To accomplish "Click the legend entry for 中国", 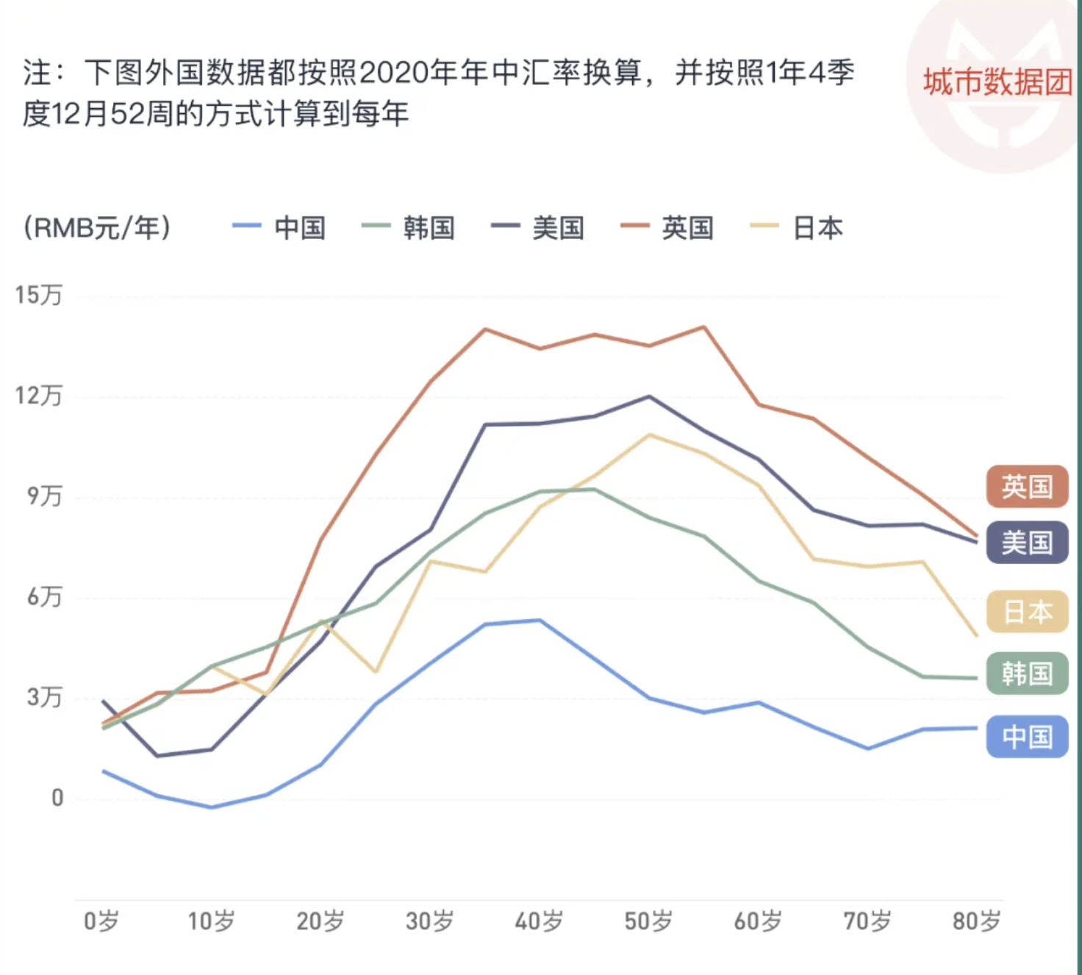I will [280, 227].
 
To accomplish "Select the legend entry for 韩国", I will [409, 227].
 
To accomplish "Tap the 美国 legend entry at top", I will [539, 227].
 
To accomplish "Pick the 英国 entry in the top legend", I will [668, 227].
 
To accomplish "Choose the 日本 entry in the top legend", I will [798, 227].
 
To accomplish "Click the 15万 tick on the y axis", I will [39, 296].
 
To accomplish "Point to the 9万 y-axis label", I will [44, 496].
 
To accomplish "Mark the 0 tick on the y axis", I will [57, 798].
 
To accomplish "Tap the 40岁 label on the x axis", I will [539, 921].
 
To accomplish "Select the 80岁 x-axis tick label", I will [977, 921].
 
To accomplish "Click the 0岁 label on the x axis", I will [101, 921].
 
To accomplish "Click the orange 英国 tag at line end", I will [1027, 487].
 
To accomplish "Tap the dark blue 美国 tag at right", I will [1027, 543].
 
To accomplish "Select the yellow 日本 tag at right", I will [1027, 612].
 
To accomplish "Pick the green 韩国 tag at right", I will [1027, 674].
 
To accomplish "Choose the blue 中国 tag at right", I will [1027, 736].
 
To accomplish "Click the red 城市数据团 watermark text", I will [997, 82].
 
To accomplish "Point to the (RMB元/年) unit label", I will [97, 227].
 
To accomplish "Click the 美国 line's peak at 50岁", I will [649, 396].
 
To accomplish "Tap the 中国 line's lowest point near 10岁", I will [212, 807].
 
